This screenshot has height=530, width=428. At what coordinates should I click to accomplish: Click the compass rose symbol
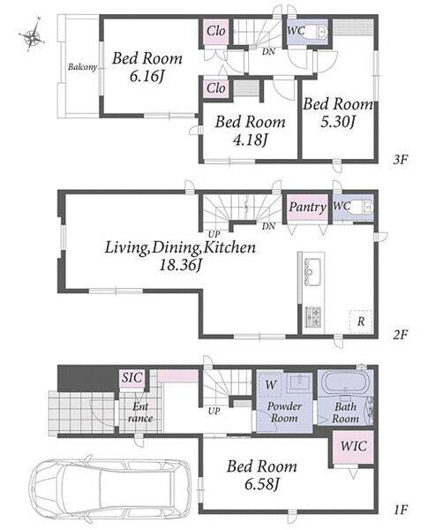pyautogui.click(x=32, y=35)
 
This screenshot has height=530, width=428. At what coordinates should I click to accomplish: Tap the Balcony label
pyautogui.click(x=82, y=67)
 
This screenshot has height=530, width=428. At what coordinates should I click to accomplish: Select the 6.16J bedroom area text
pyautogui.click(x=146, y=77)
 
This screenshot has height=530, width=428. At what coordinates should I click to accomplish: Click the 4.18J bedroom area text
pyautogui.click(x=250, y=140)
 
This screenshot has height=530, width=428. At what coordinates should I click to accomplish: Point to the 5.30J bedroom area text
pyautogui.click(x=338, y=122)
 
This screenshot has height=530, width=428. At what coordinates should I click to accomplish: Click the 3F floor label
pyautogui.click(x=401, y=159)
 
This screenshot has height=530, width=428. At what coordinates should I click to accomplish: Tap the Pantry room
pyautogui.click(x=307, y=207)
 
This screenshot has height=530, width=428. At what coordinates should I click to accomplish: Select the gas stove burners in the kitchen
pyautogui.click(x=313, y=316)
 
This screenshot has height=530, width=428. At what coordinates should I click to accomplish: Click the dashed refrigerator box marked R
pyautogui.click(x=361, y=322)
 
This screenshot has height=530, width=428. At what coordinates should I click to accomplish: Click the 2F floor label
pyautogui.click(x=401, y=334)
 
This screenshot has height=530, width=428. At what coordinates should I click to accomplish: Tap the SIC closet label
pyautogui.click(x=132, y=377)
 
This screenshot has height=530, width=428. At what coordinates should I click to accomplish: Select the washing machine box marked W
pyautogui.click(x=269, y=384)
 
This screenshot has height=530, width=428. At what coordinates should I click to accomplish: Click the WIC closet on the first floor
pyautogui.click(x=353, y=447)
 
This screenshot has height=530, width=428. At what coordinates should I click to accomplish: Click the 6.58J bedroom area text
pyautogui.click(x=261, y=484)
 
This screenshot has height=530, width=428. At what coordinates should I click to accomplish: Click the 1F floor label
pyautogui.click(x=401, y=510)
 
